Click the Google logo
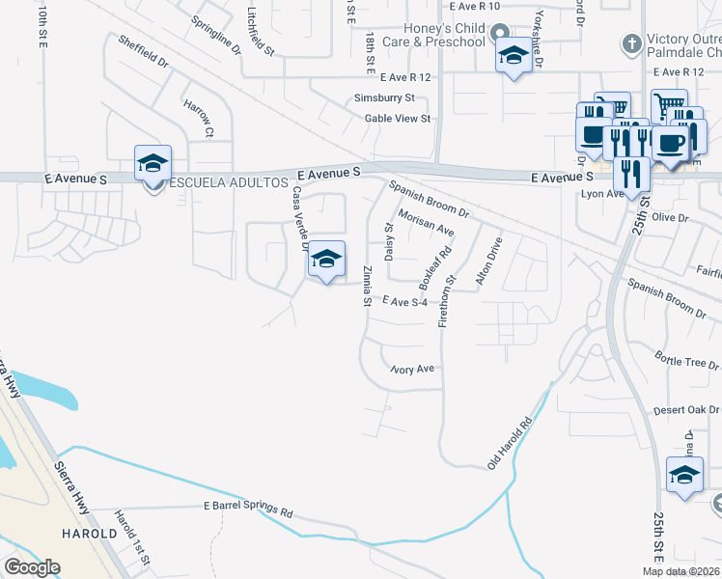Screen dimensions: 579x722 (x=32, y=567)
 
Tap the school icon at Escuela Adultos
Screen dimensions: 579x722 (x=153, y=164)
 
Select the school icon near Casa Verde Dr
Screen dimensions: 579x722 (x=327, y=260)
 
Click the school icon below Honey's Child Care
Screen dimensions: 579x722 (x=513, y=56)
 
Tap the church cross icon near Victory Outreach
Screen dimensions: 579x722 (x=631, y=43)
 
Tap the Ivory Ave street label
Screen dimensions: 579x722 (x=413, y=369)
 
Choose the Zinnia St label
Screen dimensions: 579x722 (x=367, y=286)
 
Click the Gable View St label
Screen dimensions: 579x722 (x=397, y=119)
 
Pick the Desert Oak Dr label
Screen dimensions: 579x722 (x=686, y=410)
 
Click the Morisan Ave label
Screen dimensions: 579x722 (x=426, y=225)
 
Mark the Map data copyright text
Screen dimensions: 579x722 (x=681, y=571)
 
